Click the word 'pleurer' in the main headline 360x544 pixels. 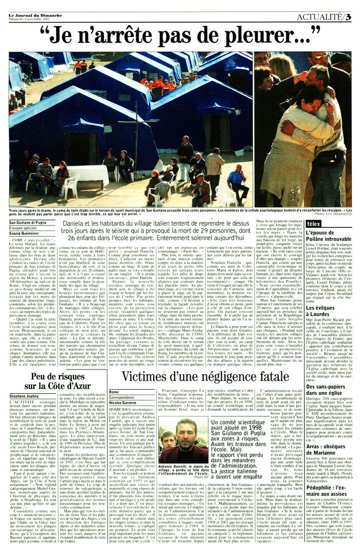point(273,36)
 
